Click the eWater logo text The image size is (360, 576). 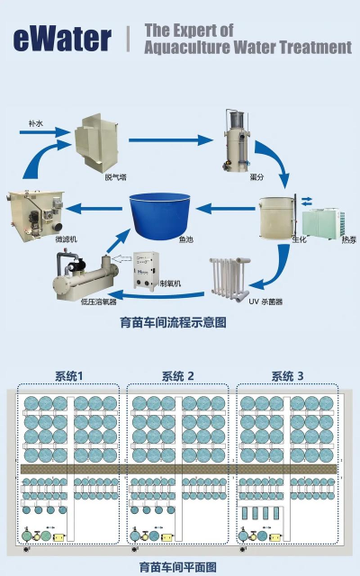point(62,38)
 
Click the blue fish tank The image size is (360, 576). point(161,215)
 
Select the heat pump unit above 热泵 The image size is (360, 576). point(322,220)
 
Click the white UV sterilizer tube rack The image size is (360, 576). point(229,278)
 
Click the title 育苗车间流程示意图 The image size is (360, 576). point(179,320)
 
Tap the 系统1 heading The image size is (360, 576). point(68,375)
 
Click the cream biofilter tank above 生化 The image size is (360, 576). point(275,217)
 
